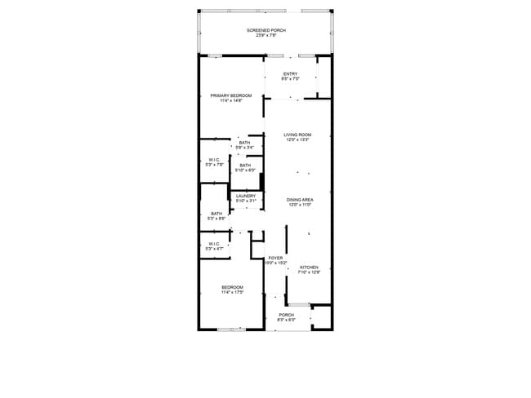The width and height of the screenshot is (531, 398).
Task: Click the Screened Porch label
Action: click(265, 31)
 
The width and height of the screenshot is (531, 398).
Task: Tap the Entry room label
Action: click(290, 73)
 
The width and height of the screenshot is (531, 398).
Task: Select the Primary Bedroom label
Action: click(230, 95)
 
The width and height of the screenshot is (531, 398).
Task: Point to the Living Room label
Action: click(297, 135)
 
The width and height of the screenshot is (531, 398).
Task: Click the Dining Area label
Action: click(300, 200)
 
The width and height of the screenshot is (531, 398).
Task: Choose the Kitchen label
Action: click(308, 268)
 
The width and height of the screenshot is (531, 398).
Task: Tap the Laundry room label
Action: click(246, 196)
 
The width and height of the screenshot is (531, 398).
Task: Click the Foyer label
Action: click(275, 258)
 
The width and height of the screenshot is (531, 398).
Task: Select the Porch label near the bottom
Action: click(286, 315)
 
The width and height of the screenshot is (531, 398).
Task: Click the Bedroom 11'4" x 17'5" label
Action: click(231, 287)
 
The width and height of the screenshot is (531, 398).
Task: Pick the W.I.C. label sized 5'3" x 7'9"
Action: click(214, 159)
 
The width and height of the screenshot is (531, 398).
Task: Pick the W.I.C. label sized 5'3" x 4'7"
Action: click(214, 243)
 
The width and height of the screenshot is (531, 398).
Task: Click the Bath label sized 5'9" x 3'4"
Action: click(245, 143)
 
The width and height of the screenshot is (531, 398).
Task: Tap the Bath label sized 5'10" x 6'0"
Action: click(245, 166)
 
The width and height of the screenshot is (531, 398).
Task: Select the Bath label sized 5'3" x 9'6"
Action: click(216, 214)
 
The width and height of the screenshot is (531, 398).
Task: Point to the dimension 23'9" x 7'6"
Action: click(265, 36)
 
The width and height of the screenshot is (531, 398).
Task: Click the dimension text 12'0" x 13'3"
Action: click(297, 139)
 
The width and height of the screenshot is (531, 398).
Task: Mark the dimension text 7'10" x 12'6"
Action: click(308, 272)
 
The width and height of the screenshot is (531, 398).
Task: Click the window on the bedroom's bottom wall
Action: click(231, 329)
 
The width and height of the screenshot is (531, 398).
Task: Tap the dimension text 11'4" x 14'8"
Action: click(230, 100)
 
